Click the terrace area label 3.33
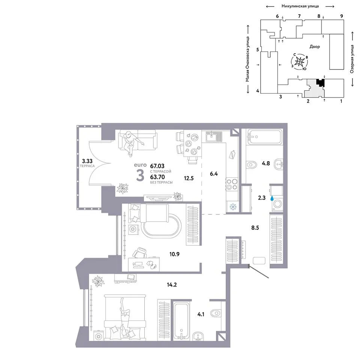pyautogui.click(x=87, y=161)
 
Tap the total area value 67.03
pyautogui.click(x=157, y=166)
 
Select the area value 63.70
pyautogui.click(x=157, y=177)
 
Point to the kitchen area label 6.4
pyautogui.click(x=213, y=174)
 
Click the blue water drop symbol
pyautogui.click(x=272, y=198)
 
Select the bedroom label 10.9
pyautogui.click(x=174, y=254)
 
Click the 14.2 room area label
pyautogui.click(x=172, y=285)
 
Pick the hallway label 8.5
pyautogui.click(x=255, y=228)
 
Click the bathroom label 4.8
pyautogui.click(x=265, y=163)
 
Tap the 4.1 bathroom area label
pyautogui.click(x=201, y=314)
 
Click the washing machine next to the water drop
pyautogui.click(x=277, y=204)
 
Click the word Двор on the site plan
pyautogui.click(x=315, y=46)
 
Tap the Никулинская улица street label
pyautogui.click(x=300, y=6)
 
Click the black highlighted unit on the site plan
pyautogui.click(x=321, y=82)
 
